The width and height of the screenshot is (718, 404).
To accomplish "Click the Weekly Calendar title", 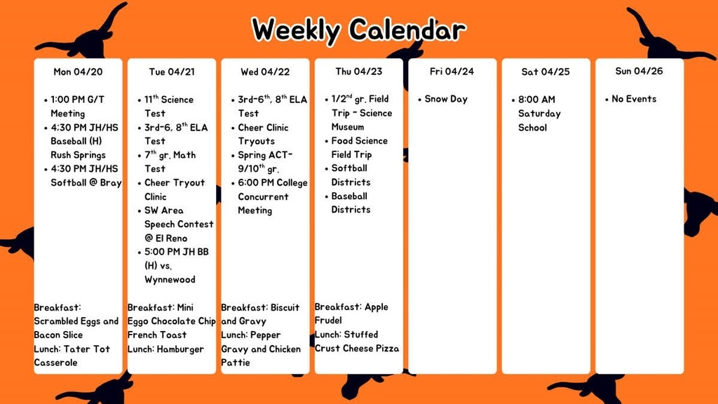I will coord(358,30).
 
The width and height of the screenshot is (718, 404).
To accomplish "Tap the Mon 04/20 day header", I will coord(78,72).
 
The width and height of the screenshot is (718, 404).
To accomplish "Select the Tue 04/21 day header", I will coord(171,72).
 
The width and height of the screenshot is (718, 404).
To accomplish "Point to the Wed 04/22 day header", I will coord(264,72).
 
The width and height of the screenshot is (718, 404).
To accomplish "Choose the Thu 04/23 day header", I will coord(358,72).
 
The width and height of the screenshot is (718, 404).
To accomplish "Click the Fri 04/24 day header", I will coord(452,72).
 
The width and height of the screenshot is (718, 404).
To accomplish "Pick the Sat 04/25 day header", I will coord(546,72).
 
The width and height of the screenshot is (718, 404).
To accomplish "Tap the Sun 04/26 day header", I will coord(639,71).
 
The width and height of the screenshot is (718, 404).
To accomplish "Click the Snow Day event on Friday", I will coord(446,99).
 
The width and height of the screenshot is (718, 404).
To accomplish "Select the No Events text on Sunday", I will coord(634,99).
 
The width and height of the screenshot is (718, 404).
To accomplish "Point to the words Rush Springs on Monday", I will coord(78,155).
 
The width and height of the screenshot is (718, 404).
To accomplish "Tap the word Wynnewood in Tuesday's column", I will coord(170,279).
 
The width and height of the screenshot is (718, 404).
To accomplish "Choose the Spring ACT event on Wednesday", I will coord(266,155).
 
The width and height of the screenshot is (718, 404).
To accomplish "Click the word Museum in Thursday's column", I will coord(348,127).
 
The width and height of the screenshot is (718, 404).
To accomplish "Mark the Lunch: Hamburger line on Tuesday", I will coord(165,349).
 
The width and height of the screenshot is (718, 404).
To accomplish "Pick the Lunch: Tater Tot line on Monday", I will coord(72,349).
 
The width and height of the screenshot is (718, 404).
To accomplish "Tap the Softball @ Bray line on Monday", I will coord(86,182).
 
